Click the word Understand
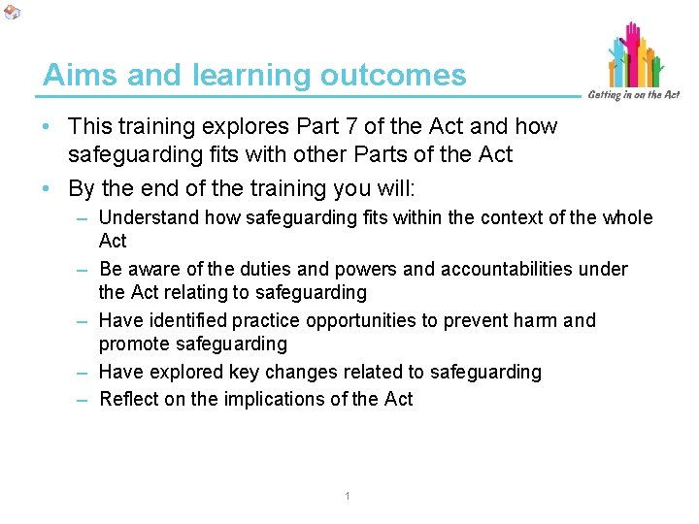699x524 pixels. [x=146, y=218]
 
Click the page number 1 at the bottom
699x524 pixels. [x=347, y=498]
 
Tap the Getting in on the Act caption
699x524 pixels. [x=634, y=94]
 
